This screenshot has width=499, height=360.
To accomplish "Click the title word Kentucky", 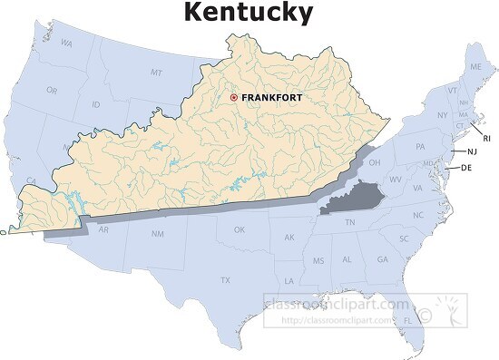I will coord(249,13).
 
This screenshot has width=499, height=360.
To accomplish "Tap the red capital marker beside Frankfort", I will coord(233,97).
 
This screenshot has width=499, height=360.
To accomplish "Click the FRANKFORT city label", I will coord(271,97).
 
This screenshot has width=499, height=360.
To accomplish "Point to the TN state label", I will coord(349,222).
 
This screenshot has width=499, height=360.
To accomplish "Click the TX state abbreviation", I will coord(224,280).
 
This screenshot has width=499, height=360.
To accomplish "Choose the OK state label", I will coord(240,229).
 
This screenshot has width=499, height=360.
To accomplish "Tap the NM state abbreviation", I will coord(157,234).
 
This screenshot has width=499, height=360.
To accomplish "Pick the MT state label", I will coord(156,72).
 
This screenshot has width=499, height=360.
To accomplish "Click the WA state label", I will coord(66,43).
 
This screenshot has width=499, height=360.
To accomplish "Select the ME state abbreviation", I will coord(475,67).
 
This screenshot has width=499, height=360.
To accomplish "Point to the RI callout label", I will coord(486,138).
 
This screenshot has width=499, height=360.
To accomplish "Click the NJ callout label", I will coord(472,151).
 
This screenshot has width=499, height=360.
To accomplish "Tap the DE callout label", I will coord(466,168).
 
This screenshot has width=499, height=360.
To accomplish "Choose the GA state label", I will coord(382,259).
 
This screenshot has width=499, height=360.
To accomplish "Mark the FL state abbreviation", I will coord(408,320).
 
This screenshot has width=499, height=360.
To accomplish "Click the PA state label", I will coord(420,146).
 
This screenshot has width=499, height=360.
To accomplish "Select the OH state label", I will coord(373,163).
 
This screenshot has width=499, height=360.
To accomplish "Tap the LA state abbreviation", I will coord(289,281).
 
